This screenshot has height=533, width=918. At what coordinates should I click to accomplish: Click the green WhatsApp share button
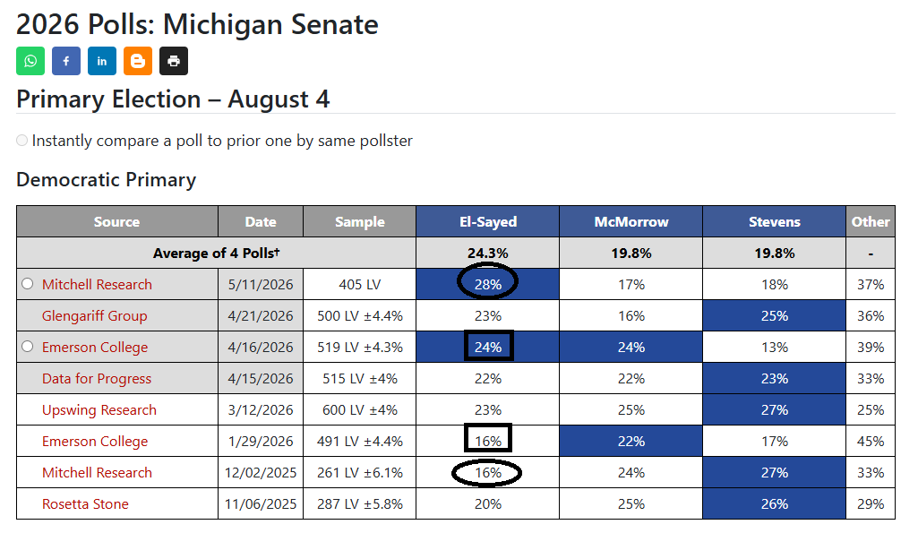30,61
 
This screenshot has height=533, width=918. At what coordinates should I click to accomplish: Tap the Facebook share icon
66,61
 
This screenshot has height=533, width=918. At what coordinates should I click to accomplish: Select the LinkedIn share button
102,61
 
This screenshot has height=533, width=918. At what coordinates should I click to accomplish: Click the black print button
173,61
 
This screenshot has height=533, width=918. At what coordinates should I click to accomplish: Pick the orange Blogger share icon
138,61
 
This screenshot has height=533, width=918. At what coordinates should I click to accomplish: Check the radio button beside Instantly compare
22,141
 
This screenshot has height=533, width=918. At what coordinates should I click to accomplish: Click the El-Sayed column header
488,221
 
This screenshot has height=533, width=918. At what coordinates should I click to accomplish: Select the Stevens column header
774,221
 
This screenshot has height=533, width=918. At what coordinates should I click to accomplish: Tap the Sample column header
359,221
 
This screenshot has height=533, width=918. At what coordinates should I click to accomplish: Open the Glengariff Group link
94,316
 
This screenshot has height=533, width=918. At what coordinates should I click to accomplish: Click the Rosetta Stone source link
85,504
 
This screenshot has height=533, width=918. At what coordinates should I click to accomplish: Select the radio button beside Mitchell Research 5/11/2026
28,284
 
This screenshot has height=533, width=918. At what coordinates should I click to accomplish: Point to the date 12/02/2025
261,473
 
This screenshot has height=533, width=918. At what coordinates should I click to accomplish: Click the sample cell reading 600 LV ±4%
359,410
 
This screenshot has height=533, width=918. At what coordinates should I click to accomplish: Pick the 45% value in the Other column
870,442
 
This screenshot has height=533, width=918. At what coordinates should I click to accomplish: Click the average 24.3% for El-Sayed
488,253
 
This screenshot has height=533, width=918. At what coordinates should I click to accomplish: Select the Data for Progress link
97,379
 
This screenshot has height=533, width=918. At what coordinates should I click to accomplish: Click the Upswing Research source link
99,410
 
